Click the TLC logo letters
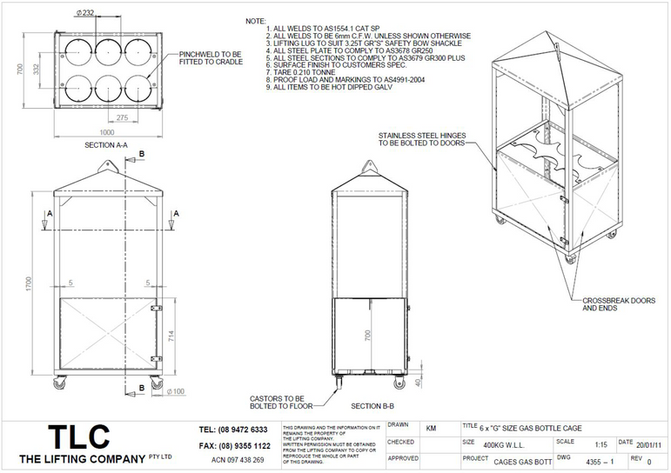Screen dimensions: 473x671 tap(77, 436)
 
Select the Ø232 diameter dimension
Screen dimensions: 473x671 tap(85, 12)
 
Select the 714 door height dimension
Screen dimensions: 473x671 tap(171, 336)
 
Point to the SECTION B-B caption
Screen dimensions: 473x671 tap(372, 406)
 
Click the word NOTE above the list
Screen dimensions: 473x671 tap(255, 20)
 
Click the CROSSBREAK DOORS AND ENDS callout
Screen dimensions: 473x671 tap(619, 303)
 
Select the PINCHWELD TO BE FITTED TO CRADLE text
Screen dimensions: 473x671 tap(212, 58)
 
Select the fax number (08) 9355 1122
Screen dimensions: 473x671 tap(234, 445)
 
